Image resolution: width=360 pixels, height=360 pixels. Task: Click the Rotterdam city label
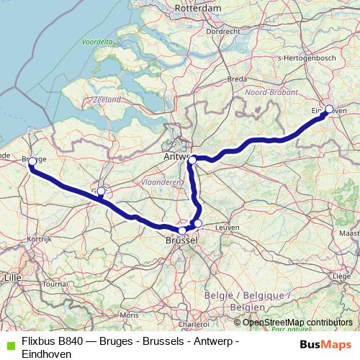(197, 7)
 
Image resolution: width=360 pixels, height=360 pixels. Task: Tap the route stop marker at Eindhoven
(329, 109)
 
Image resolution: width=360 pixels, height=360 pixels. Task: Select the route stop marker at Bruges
(32, 162)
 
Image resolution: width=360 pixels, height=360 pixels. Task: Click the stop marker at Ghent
(101, 192)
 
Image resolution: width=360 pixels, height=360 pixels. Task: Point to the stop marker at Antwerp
(192, 159)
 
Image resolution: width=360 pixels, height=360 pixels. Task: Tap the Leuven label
(227, 227)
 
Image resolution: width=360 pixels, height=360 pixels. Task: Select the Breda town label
(237, 78)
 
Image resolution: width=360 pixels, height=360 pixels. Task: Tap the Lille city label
(12, 276)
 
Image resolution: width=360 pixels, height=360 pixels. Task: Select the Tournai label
(54, 284)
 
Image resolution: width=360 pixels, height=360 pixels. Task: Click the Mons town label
(129, 315)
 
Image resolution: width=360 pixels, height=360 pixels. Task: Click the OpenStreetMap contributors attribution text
(297, 322)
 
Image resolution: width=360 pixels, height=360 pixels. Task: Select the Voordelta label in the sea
(99, 42)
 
